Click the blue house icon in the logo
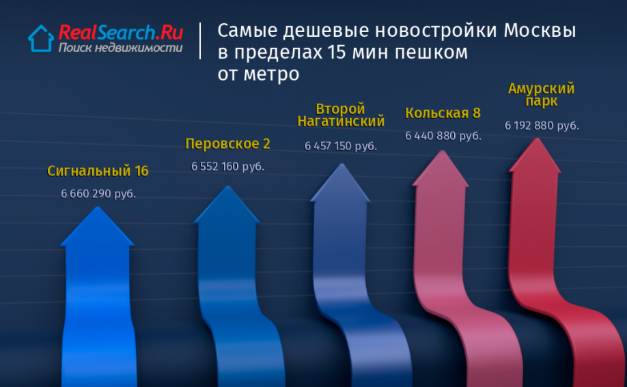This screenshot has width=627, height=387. (41, 38)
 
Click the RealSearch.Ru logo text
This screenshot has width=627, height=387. (121, 32)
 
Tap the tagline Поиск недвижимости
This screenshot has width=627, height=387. (120, 48)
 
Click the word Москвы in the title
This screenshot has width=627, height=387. (540, 31)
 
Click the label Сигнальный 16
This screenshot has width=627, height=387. (98, 171)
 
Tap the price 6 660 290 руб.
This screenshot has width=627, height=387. (98, 194)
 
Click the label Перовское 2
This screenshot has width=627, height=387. (227, 144)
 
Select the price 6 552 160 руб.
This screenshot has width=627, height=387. (227, 167)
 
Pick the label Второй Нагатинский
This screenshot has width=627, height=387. (341, 115)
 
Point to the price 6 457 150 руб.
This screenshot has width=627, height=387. (341, 146)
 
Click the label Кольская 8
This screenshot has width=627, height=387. (443, 113)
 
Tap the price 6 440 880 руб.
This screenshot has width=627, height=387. (443, 136)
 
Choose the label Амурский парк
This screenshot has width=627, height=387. (541, 95)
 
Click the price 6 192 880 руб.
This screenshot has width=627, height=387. (542, 126)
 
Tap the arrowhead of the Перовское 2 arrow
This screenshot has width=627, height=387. (227, 205)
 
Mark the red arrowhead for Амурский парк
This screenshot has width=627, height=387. (535, 156)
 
